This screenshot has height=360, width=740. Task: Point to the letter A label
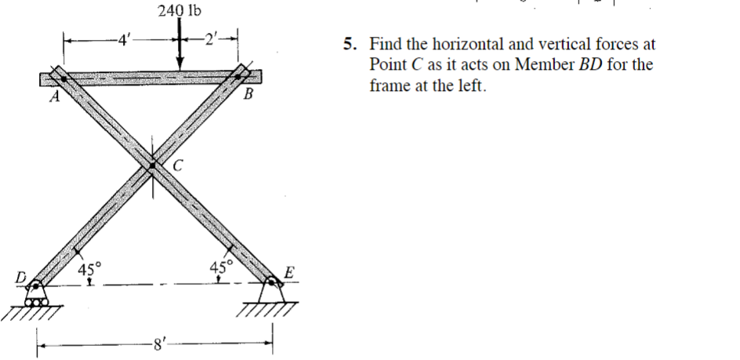tap(53, 98)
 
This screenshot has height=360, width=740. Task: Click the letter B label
tap(248, 96)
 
